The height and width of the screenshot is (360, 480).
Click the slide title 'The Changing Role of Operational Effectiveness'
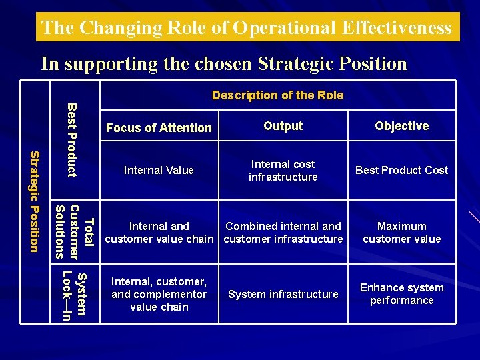tap(247, 28)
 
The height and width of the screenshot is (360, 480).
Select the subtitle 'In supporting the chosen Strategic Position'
tap(223, 64)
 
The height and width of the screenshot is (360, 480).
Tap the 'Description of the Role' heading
tap(277, 95)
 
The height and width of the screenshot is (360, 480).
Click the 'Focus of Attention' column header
tap(159, 128)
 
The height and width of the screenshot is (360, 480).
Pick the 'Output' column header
tap(283, 126)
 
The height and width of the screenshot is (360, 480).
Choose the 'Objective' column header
tap(401, 126)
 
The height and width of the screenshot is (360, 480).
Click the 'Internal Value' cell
tap(159, 171)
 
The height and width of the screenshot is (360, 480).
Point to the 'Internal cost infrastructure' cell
tap(283, 170)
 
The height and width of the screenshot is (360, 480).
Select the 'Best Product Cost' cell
tap(401, 171)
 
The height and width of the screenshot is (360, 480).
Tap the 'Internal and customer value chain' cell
tap(159, 233)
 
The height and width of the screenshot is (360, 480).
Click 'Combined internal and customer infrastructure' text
tap(283, 233)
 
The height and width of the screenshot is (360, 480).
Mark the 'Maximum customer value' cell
tap(401, 233)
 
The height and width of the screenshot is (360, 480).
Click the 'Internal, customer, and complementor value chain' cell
tap(159, 294)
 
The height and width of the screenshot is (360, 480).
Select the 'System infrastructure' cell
tap(283, 294)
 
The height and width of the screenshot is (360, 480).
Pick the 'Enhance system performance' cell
tap(401, 294)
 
